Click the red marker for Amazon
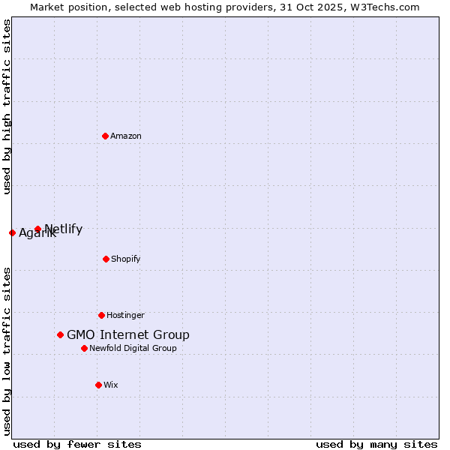(105, 136)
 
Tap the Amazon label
(126, 136)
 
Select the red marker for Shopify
(106, 259)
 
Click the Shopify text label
(126, 259)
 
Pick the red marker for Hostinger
(101, 315)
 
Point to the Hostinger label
(125, 316)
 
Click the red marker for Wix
(98, 385)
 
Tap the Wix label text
(111, 385)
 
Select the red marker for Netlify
(37, 229)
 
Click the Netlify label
(64, 229)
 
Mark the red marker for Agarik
(12, 232)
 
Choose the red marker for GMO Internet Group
(60, 334)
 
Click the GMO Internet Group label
(128, 335)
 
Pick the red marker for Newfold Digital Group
(84, 348)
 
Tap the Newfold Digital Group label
(133, 349)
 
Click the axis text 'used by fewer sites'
(77, 445)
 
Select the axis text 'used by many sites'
(376, 445)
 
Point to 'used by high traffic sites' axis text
(7, 106)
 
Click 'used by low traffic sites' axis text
(7, 351)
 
